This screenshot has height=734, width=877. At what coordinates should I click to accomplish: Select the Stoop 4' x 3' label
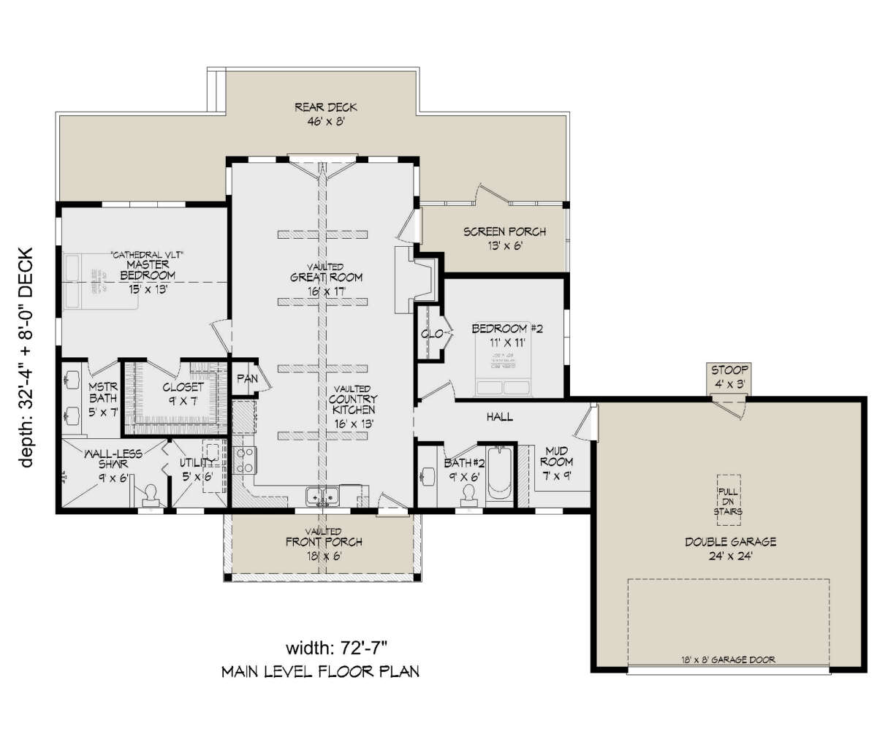pyautogui.click(x=729, y=375)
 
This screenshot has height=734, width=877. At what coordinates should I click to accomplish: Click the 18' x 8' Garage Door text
pyautogui.click(x=729, y=659)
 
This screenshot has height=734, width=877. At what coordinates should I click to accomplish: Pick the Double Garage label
pyautogui.click(x=729, y=548)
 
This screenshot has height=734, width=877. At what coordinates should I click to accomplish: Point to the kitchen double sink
pyautogui.click(x=322, y=497)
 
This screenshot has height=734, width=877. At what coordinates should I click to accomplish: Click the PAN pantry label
pyautogui.click(x=244, y=380)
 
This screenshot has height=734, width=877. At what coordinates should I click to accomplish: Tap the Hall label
pyautogui.click(x=500, y=417)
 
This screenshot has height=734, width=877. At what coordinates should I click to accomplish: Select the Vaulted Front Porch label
pyautogui.click(x=324, y=542)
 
